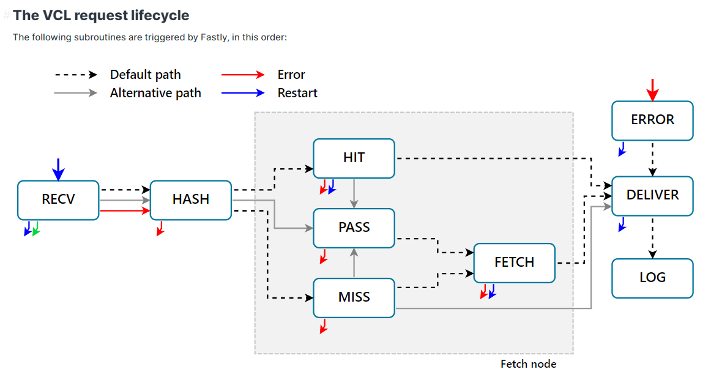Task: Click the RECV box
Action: (x=58, y=199)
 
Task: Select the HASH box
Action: (x=190, y=199)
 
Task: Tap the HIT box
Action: (x=354, y=158)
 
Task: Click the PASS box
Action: (x=354, y=228)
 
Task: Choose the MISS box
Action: (x=354, y=297)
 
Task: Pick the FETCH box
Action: (x=514, y=262)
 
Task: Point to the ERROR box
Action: (x=652, y=120)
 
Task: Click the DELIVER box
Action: (x=652, y=195)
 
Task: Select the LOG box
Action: (x=652, y=278)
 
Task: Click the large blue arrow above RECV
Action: (x=58, y=169)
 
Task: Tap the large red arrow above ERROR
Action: (x=653, y=89)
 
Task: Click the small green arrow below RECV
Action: (x=36, y=229)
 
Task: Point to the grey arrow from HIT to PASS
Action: (x=354, y=193)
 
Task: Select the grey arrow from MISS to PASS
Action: (x=354, y=262)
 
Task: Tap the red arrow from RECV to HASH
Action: (x=125, y=210)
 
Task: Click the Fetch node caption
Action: (x=528, y=364)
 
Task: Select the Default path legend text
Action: (x=145, y=75)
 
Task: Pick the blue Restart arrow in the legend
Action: (x=243, y=93)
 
